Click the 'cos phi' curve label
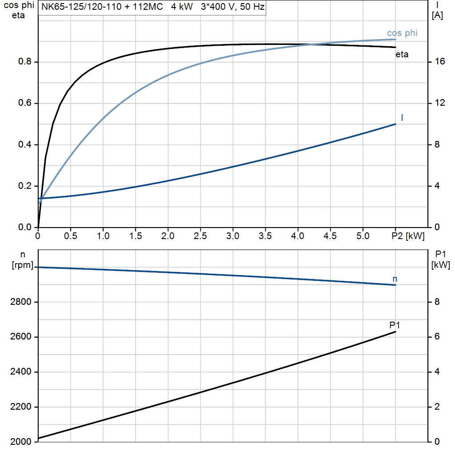pos(402,33)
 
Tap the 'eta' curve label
pos(402,55)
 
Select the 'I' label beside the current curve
pos(402,117)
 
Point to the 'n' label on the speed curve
pos(395,279)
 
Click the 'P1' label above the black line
pos(395,325)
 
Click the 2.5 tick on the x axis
pos(200,236)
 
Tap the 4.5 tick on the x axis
pos(330,236)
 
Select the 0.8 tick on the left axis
pos(25,62)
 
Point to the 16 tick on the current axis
pos(439,62)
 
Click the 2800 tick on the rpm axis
pos(20,302)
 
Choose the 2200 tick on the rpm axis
pos(20,407)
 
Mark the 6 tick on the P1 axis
pos(437,337)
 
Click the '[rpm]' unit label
pos(22,265)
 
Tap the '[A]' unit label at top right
pos(437,16)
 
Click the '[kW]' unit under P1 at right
pos(440,265)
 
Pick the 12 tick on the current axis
pos(439,103)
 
